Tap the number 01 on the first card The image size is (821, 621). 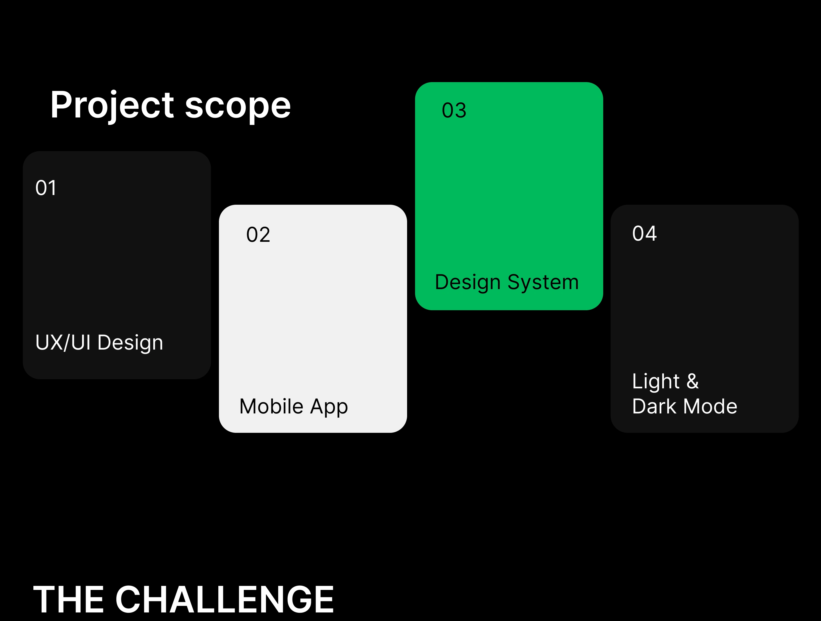pyautogui.click(x=46, y=188)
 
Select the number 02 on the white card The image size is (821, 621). pyautogui.click(x=258, y=235)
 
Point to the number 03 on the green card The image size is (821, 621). pyautogui.click(x=454, y=110)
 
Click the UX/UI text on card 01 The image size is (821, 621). pyautogui.click(x=63, y=342)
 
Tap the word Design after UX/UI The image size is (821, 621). pyautogui.click(x=130, y=343)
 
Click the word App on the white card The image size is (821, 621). pyautogui.click(x=329, y=407)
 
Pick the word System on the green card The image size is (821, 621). pyautogui.click(x=543, y=283)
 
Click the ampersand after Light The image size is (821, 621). pyautogui.click(x=693, y=381)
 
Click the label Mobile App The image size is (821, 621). pyautogui.click(x=294, y=407)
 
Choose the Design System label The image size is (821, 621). pyautogui.click(x=507, y=283)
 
